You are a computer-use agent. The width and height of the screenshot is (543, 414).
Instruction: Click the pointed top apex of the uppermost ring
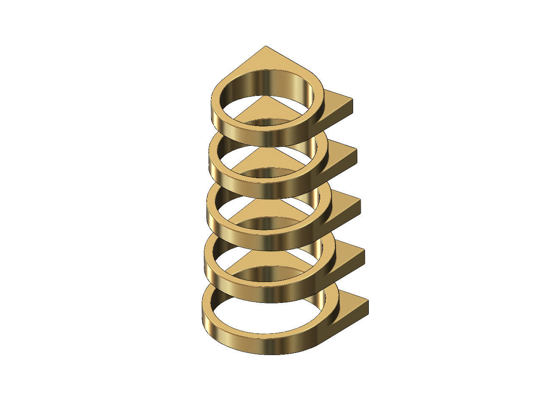click(x=266, y=47)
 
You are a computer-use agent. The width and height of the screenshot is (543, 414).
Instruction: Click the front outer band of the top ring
click(x=267, y=138)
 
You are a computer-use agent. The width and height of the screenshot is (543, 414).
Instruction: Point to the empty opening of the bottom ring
click(x=267, y=314)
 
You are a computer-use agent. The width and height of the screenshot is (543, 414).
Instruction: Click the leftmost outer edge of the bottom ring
click(x=203, y=314)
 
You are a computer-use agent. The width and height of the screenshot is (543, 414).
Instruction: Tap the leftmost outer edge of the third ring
click(x=207, y=212)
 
